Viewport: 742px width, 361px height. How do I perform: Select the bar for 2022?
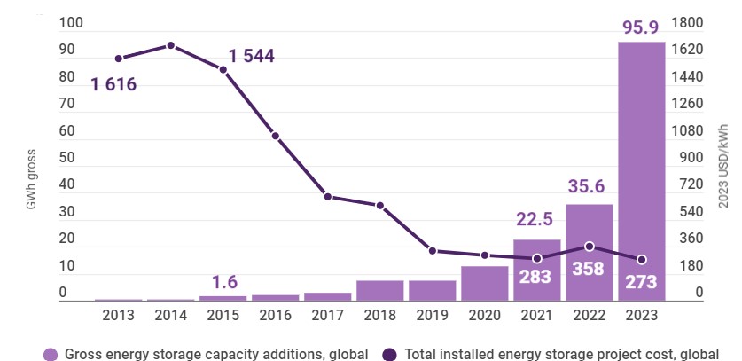pyautogui.click(x=589, y=253)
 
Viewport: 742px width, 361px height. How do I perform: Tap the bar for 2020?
pyautogui.click(x=484, y=283)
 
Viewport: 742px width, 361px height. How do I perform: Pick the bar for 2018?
pyautogui.click(x=379, y=290)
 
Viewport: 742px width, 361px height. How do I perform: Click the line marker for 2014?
pyautogui.click(x=170, y=45)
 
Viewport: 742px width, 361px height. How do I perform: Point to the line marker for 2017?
pyautogui.click(x=327, y=196)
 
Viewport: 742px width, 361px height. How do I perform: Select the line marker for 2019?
pyautogui.click(x=432, y=251)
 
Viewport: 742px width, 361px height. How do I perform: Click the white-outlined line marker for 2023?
pyautogui.click(x=641, y=260)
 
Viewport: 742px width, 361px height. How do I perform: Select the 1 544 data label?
pyautogui.click(x=251, y=56)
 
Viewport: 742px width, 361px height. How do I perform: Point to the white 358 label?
pyautogui.click(x=589, y=270)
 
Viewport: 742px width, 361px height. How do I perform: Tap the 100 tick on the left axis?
pyautogui.click(x=68, y=23)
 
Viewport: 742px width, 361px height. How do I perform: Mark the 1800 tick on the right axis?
pyautogui.click(x=687, y=23)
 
